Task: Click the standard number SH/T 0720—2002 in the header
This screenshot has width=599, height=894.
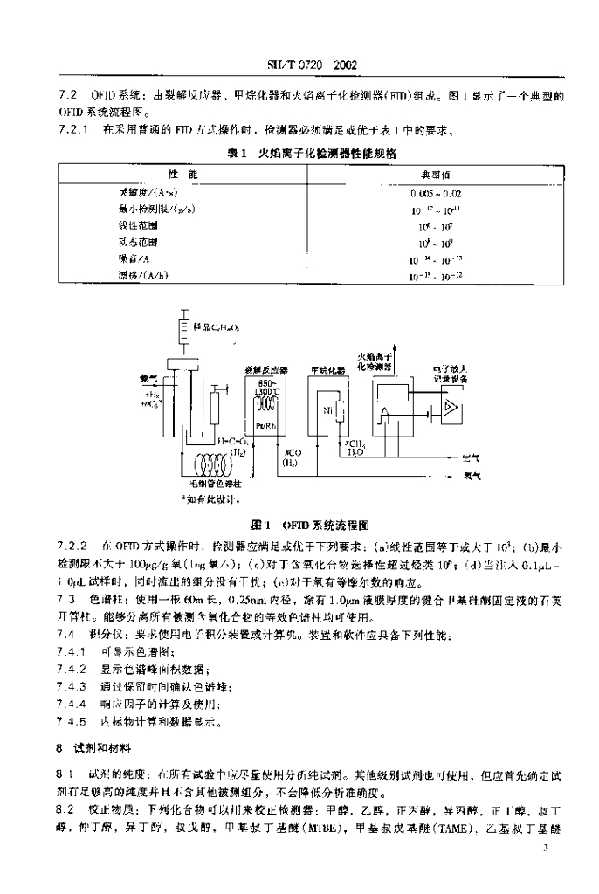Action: tap(299, 65)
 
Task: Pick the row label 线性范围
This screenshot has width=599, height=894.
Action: tap(134, 225)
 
